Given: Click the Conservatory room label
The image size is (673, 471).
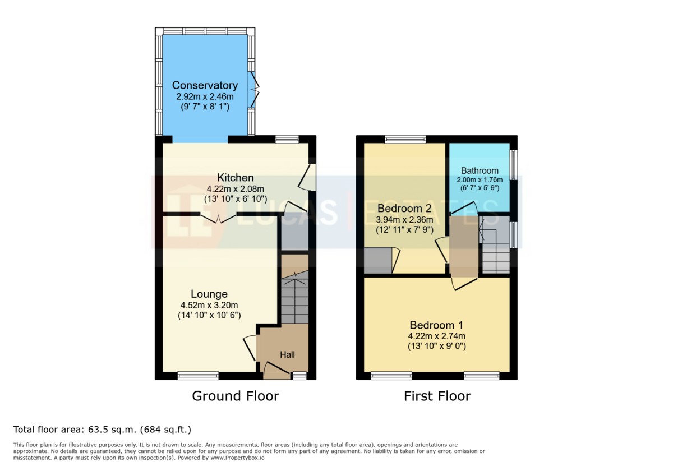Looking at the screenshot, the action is (205, 85).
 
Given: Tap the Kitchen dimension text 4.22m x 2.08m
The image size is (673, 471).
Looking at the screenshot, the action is (236, 189).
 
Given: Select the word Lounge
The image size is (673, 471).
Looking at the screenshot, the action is (209, 294).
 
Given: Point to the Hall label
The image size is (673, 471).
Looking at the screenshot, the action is (287, 355).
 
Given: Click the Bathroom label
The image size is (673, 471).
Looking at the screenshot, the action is (480, 170).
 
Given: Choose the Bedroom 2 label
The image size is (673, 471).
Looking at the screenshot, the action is (404, 208).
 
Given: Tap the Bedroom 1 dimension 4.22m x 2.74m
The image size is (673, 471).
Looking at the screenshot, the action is (436, 336).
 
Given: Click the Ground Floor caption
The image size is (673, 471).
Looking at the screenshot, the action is (236, 396).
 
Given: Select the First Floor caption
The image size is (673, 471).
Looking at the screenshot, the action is (437, 396).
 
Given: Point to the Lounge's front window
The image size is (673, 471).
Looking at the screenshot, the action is (198, 376).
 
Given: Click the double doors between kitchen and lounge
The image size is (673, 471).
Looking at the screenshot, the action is (218, 218).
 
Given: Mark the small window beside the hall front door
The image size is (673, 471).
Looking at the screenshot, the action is (299, 376).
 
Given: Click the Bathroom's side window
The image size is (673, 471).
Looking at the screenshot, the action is (514, 165).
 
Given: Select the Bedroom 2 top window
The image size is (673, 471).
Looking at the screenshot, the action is (405, 139).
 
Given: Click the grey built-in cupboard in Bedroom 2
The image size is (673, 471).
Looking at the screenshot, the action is (378, 260).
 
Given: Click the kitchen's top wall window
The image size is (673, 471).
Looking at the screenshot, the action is (287, 139).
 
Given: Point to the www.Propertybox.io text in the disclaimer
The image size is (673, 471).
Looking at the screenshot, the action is (237, 458).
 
